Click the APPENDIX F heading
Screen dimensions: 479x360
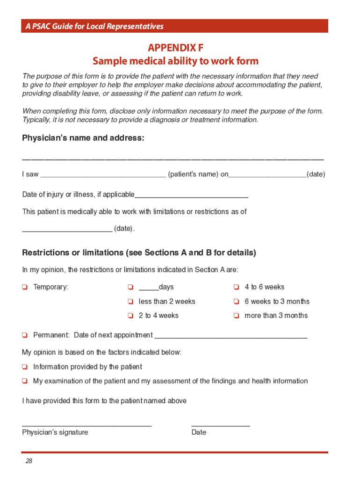coord(175,48)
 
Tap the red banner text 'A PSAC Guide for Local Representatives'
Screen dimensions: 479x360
coord(94,26)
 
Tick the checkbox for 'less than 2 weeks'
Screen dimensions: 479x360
coord(130,302)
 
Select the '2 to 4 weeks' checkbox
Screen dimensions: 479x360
coord(130,316)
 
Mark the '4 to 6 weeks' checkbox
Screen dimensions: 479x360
coord(237,287)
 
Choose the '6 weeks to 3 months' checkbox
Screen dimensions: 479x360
coord(237,302)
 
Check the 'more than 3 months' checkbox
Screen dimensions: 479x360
coord(237,316)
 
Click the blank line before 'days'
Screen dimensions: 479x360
coord(149,288)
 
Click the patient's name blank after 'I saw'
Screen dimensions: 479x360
coord(103,176)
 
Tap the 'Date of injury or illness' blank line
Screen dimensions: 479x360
coord(191,196)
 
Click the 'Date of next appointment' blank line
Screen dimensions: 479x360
coord(230,336)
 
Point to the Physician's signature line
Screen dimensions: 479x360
coord(87,425)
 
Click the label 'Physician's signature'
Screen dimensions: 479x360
coord(55,432)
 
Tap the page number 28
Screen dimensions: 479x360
coord(29,461)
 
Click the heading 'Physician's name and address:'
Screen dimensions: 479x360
coord(83,138)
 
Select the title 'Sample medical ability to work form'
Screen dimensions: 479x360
coord(175,61)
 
